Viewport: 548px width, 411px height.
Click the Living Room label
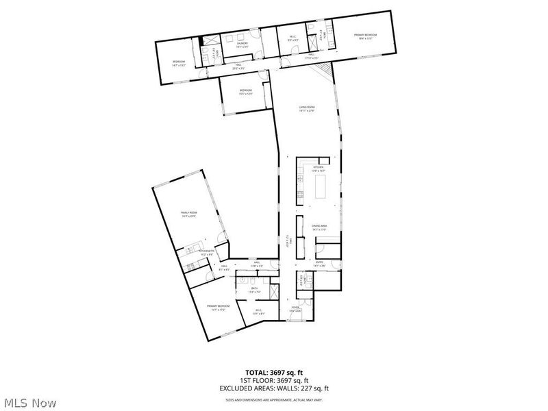(x=306, y=108)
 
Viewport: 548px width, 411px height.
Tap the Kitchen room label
(x=318, y=167)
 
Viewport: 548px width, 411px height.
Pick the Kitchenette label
(x=207, y=251)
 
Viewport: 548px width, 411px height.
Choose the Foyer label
(x=295, y=308)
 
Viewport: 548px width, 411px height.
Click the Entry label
(x=319, y=262)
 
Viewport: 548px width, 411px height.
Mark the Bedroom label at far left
(x=179, y=62)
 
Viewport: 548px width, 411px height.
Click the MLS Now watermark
(x=29, y=402)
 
